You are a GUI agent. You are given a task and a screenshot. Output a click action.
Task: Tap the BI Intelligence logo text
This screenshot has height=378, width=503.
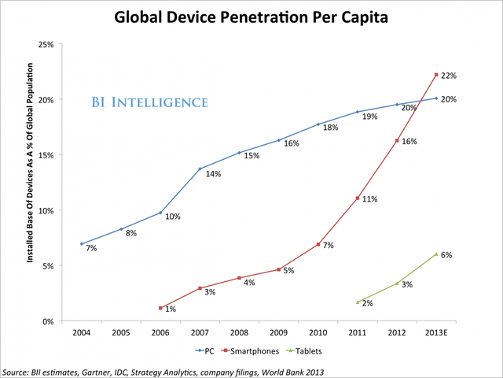click(x=149, y=102)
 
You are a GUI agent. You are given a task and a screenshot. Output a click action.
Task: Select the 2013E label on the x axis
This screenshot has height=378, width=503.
click(x=437, y=333)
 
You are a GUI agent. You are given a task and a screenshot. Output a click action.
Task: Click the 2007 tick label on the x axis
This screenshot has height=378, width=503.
click(x=200, y=333)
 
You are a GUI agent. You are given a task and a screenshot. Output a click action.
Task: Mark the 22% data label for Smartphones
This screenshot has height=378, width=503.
click(x=450, y=76)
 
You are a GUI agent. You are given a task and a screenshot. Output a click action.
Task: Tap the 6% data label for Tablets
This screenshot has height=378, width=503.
click(x=446, y=255)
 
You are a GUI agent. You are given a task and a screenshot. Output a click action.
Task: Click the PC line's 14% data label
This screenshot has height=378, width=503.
click(x=213, y=174)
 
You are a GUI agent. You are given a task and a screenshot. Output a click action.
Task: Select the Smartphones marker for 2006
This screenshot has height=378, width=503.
click(x=161, y=308)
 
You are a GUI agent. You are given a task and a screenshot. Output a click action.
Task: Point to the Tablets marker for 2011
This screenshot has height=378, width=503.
click(x=358, y=302)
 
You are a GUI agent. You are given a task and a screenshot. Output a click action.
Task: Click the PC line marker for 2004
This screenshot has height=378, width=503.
click(x=82, y=243)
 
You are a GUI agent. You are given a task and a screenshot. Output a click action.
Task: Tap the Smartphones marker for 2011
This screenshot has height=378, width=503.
click(x=358, y=198)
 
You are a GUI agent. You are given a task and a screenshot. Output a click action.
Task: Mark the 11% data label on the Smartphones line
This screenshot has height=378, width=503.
click(x=370, y=199)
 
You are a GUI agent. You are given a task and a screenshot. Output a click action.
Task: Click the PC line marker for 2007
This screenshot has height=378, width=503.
click(x=200, y=169)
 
